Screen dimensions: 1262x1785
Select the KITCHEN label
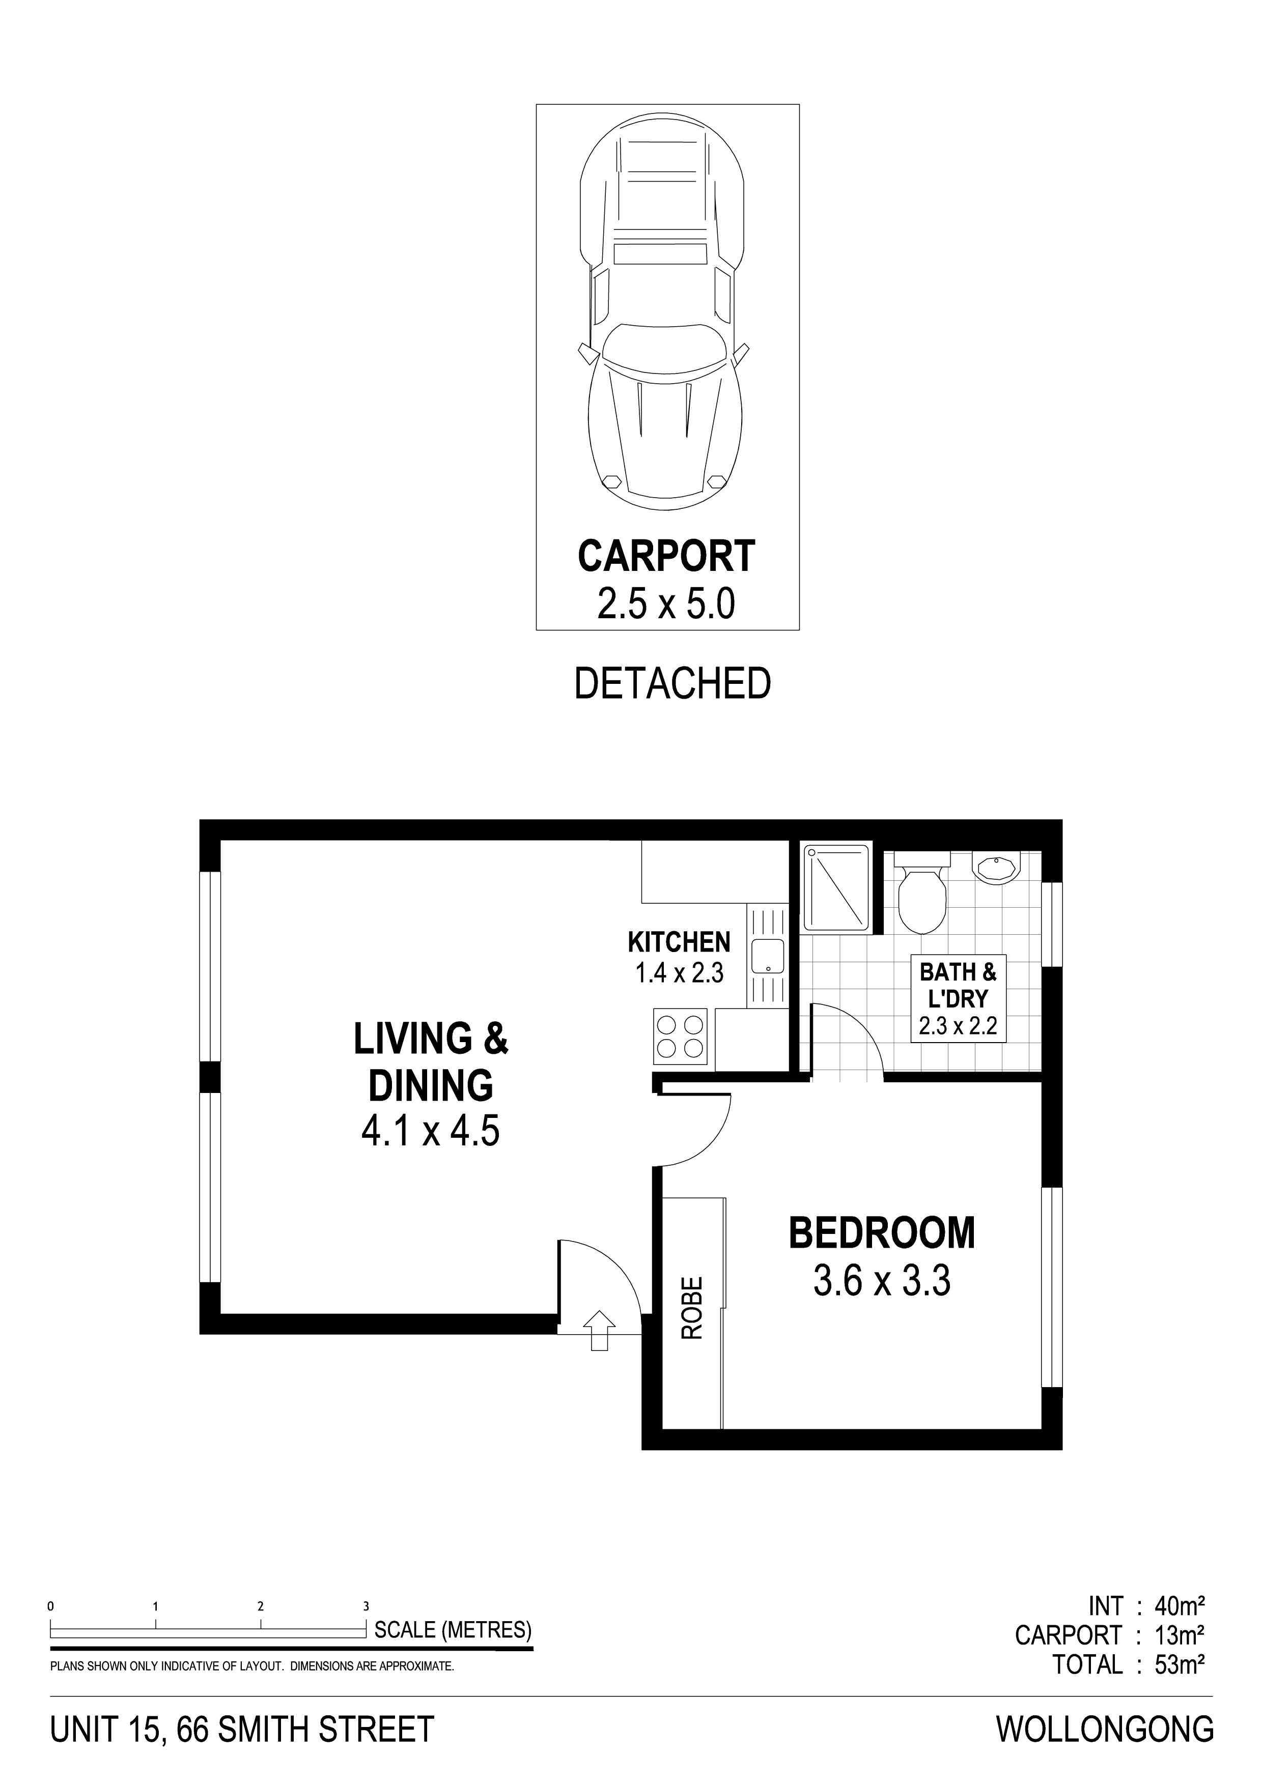pos(679,942)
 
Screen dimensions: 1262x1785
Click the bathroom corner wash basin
pos(997,869)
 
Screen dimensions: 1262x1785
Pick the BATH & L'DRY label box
pos(958,998)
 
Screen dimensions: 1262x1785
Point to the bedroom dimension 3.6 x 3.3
pos(882,1280)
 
